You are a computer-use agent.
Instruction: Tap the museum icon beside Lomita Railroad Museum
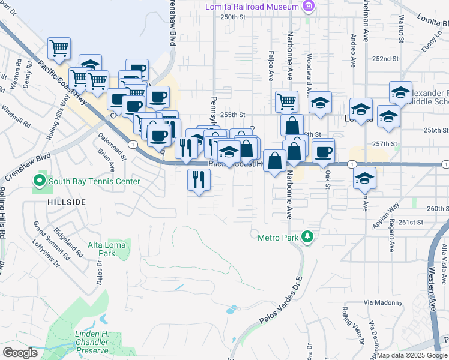[309, 7]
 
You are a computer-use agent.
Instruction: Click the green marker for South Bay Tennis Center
[40, 181]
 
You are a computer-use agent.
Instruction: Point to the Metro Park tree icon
[307, 237]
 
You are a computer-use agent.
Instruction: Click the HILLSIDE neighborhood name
[67, 203]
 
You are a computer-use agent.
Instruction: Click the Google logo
[20, 352]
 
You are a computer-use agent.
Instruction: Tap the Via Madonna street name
[383, 303]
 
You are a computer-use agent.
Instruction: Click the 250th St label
[234, 17]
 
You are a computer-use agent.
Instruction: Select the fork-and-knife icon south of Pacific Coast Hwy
[199, 179]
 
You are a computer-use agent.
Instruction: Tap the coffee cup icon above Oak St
[323, 152]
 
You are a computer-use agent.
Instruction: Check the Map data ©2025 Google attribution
[411, 355]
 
